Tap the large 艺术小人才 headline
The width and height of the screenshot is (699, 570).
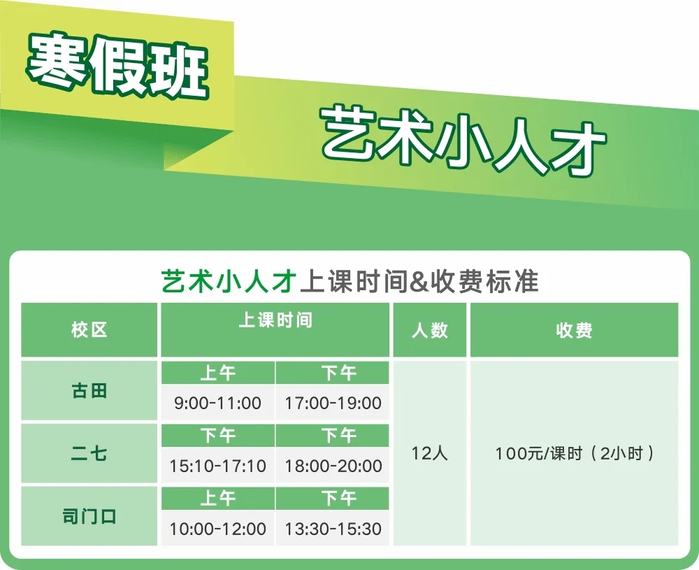(x=463, y=141)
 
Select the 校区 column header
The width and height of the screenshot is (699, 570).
(x=89, y=330)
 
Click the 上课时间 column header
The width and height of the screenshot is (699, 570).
(x=275, y=320)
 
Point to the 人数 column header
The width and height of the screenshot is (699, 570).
(x=430, y=330)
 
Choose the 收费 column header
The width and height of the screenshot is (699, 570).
(x=574, y=330)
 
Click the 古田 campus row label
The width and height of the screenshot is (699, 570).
(x=89, y=391)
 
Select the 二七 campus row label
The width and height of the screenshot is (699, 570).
(x=89, y=454)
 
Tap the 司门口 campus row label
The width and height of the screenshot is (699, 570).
(x=89, y=516)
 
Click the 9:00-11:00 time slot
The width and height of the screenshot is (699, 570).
(x=217, y=403)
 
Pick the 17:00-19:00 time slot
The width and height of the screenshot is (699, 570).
(x=333, y=403)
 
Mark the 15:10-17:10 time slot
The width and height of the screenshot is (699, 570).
(x=217, y=466)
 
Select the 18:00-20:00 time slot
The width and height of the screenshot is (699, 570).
(x=333, y=466)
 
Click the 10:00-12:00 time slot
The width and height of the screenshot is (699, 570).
(x=217, y=529)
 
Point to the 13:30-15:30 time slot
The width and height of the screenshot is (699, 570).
(x=333, y=529)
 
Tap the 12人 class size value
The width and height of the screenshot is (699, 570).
(x=430, y=453)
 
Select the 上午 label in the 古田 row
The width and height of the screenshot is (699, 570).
(x=217, y=373)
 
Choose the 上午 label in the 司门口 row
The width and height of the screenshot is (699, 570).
(x=217, y=498)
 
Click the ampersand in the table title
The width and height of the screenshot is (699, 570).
(x=419, y=282)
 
